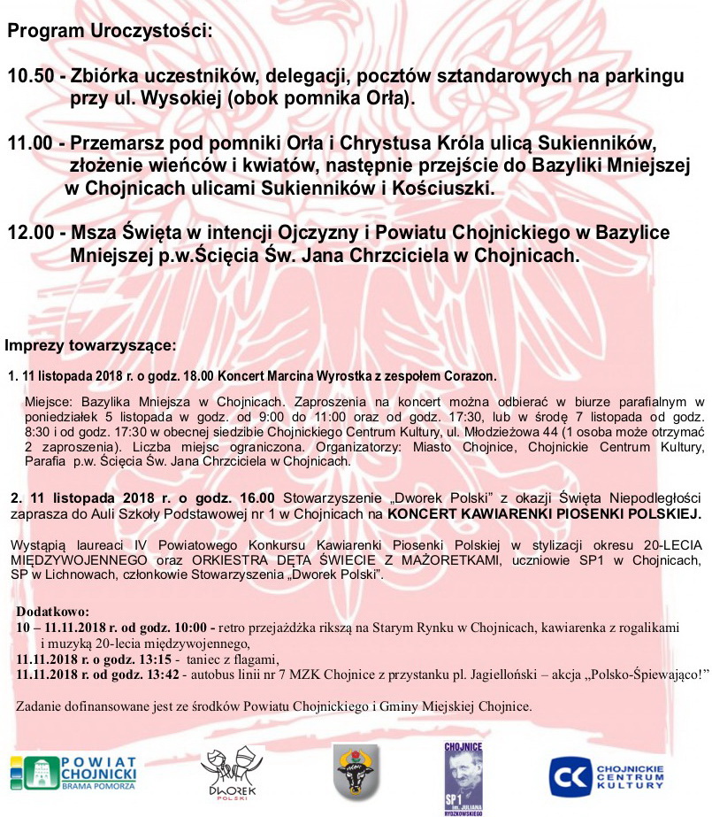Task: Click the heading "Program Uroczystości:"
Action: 110,32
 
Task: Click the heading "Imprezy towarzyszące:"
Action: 90,344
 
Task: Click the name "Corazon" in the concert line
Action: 471,374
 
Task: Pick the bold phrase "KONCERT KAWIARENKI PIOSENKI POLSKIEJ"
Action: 544,513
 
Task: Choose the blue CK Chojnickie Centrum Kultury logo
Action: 607,776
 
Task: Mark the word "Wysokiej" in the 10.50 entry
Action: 179,98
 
